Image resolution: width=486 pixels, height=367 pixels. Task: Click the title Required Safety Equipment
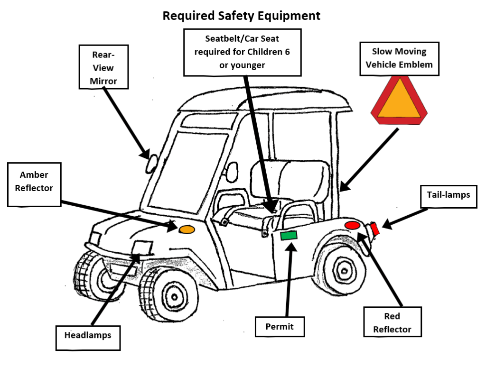[241, 16]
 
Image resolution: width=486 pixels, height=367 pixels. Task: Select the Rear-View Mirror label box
[103, 66]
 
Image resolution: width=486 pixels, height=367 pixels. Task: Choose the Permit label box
[280, 327]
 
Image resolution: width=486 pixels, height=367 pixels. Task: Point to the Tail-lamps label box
[448, 195]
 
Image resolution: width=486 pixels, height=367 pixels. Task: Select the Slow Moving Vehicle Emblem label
[399, 58]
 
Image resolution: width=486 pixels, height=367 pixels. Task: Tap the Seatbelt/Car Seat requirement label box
[242, 52]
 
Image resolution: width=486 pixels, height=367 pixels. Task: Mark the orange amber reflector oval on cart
[187, 229]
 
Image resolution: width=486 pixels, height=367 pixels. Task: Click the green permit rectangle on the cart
[289, 235]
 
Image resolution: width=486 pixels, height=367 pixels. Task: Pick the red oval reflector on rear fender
[353, 225]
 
